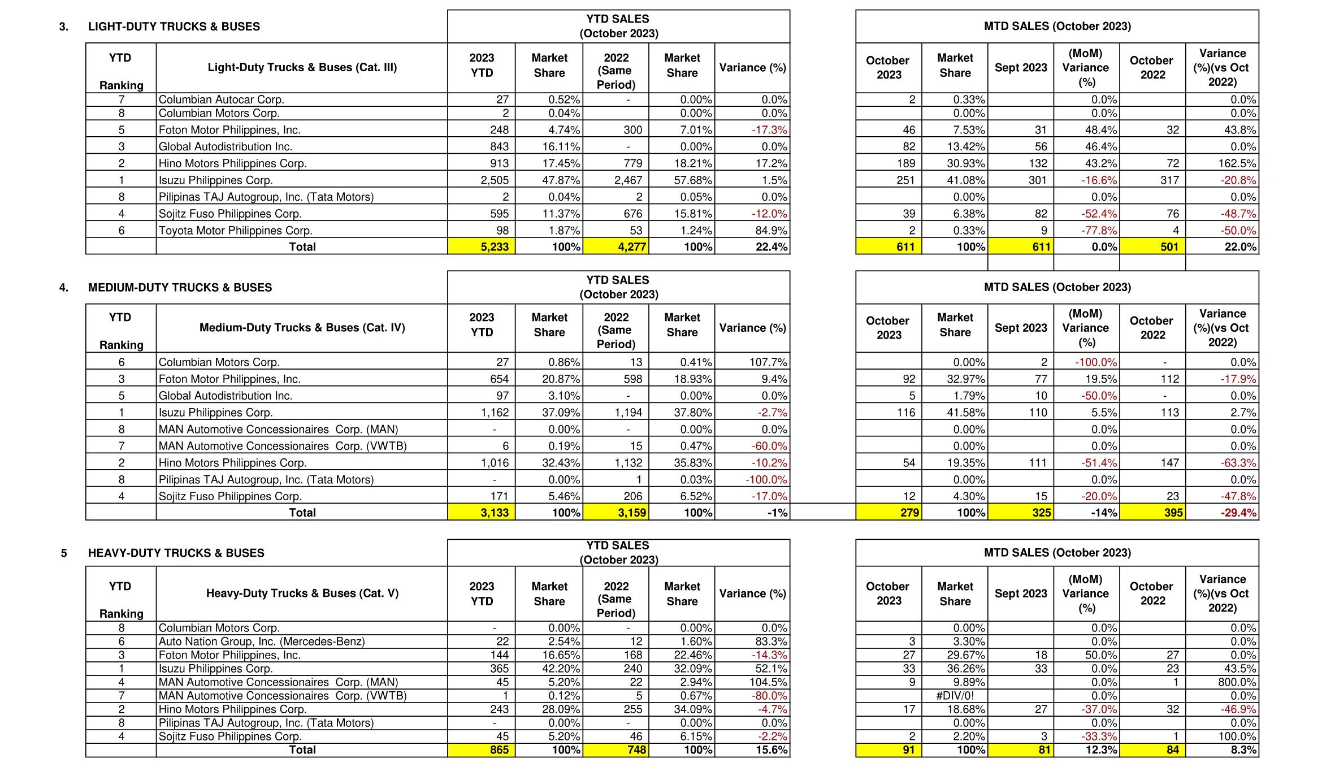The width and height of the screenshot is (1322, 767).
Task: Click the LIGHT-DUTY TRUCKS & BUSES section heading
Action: [174, 27]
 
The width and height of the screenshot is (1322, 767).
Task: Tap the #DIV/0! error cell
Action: [955, 696]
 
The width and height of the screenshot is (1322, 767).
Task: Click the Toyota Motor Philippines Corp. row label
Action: [235, 231]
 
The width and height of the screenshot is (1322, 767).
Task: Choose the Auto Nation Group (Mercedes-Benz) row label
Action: [262, 642]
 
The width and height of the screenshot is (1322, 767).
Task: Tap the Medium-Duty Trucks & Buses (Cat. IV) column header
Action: [302, 328]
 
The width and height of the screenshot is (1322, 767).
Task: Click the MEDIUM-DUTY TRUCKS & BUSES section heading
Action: [180, 288]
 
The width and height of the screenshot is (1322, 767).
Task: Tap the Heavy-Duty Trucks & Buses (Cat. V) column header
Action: [302, 593]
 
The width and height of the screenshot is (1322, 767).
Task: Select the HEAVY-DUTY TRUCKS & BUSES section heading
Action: [176, 553]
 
